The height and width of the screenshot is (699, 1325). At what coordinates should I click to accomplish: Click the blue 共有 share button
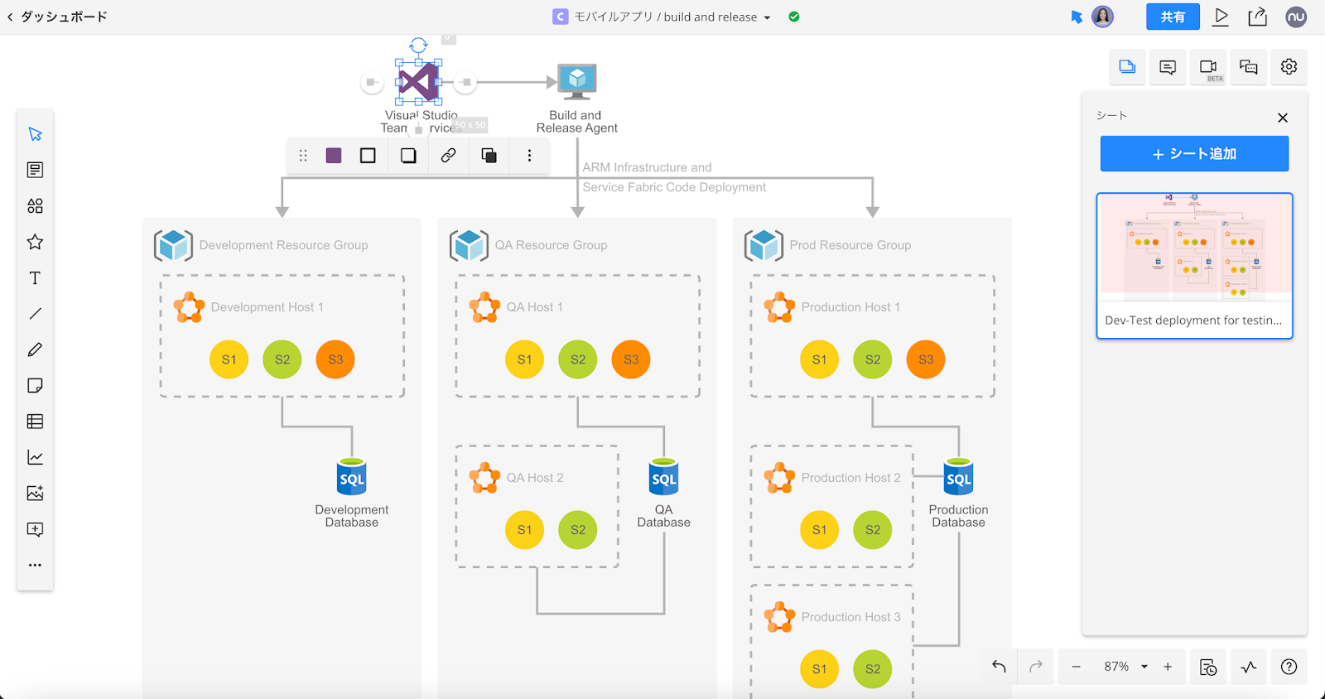(1173, 17)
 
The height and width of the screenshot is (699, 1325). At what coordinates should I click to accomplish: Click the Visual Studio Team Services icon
(418, 82)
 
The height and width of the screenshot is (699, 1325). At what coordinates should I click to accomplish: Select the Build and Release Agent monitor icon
(577, 81)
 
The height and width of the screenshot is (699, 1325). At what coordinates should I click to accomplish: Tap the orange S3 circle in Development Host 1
(335, 359)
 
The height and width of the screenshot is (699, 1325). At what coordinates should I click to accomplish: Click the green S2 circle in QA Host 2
(578, 530)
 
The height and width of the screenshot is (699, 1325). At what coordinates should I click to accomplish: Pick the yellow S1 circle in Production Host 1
(819, 359)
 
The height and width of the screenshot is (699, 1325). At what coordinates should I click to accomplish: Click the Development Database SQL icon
(352, 477)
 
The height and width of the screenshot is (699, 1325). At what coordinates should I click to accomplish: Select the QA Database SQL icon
(664, 477)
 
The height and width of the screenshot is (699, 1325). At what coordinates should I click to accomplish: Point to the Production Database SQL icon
(959, 477)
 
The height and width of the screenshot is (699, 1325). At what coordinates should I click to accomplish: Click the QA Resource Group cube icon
(469, 245)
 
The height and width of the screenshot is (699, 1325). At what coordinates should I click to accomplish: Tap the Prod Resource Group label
(850, 245)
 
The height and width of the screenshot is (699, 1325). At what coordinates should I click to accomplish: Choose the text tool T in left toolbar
(35, 278)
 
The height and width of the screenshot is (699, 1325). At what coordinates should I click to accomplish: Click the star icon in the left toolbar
(35, 242)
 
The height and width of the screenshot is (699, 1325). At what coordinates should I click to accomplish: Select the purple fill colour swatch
(334, 156)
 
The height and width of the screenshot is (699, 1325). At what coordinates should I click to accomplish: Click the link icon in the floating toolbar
(448, 156)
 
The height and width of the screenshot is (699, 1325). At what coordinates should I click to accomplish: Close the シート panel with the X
(1283, 118)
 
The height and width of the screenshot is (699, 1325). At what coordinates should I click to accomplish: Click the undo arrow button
(1000, 667)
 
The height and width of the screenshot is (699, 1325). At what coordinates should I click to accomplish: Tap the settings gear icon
(1289, 67)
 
